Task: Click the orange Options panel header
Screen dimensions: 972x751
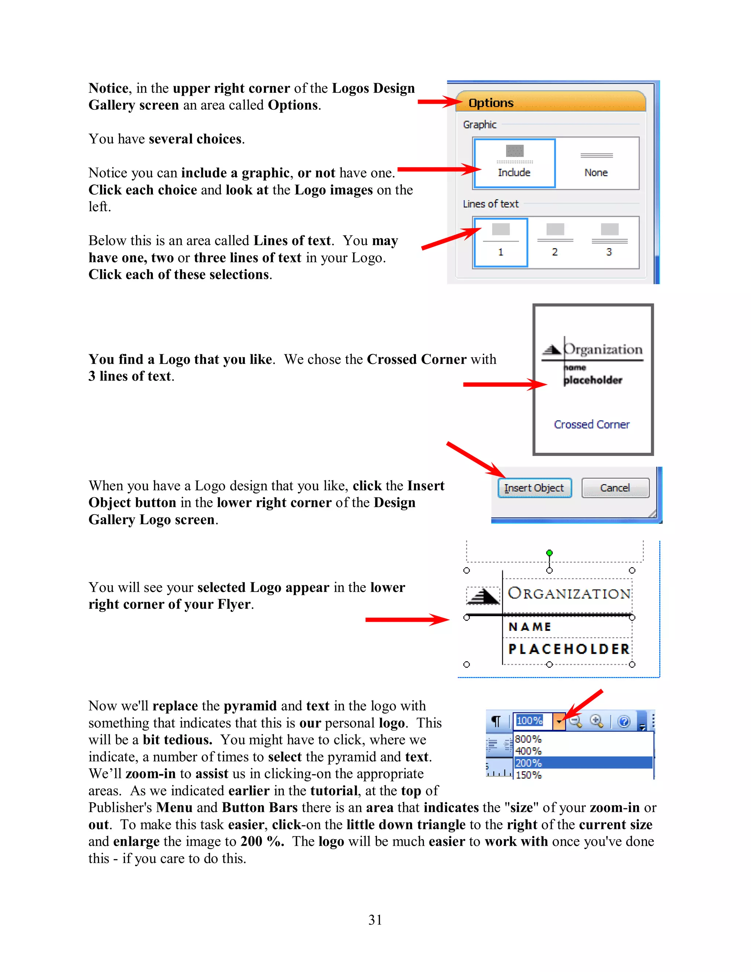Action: click(x=550, y=102)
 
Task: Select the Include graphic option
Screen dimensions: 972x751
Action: click(x=514, y=163)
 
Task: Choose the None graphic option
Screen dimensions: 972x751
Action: click(x=596, y=163)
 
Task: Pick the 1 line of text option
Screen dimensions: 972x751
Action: click(x=501, y=242)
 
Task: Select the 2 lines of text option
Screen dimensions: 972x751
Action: click(x=555, y=242)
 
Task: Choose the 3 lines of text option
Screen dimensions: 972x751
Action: click(x=609, y=242)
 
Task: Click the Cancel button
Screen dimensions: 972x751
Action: click(x=615, y=488)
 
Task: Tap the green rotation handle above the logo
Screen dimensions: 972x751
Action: click(x=549, y=553)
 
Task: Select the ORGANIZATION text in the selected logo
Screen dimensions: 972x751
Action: click(x=569, y=593)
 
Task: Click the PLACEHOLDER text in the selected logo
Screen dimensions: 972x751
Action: click(x=569, y=649)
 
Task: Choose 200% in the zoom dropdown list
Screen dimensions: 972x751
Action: click(x=528, y=763)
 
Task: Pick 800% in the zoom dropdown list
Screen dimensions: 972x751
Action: click(x=528, y=739)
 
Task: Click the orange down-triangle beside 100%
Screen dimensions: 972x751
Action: click(x=559, y=721)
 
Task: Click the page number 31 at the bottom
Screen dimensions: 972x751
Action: click(x=375, y=920)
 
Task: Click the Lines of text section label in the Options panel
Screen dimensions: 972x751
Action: click(x=491, y=204)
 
